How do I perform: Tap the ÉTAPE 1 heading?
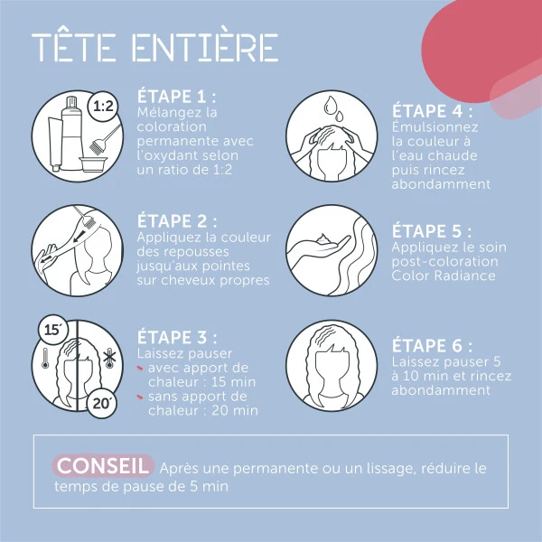coord(177,97)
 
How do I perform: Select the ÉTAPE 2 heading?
coord(177,221)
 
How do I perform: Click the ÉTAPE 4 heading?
coord(432,112)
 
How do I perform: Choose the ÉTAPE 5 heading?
coord(432,231)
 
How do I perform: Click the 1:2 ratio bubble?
coord(103,107)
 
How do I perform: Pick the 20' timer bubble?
coord(100,402)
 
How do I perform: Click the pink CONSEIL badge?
coord(102,466)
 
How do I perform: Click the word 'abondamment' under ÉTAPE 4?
coord(441,184)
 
